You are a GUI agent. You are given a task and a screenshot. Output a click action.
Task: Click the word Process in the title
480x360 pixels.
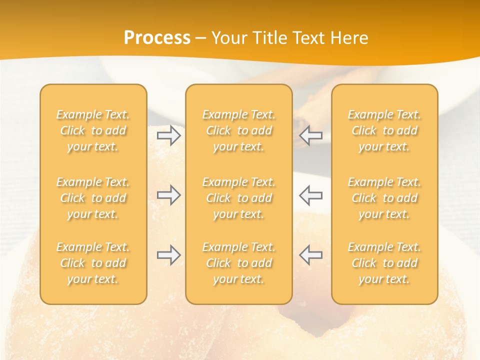point(157,38)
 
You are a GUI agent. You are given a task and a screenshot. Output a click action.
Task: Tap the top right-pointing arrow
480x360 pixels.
point(168,135)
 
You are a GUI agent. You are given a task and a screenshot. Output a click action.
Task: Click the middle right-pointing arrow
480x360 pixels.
point(168,195)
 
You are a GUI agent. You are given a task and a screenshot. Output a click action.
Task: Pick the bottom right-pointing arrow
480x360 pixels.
point(168,255)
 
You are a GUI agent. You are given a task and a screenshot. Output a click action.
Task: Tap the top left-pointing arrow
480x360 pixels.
point(310,135)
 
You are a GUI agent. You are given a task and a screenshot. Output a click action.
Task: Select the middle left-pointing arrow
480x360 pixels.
point(310,195)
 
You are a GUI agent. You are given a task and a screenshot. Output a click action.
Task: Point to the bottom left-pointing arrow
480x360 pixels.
point(310,255)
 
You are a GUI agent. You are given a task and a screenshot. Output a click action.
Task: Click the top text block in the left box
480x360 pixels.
point(93,130)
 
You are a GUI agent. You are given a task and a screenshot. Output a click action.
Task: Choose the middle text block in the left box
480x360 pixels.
point(93,198)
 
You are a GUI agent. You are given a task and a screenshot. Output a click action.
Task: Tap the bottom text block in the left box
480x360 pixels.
point(93,263)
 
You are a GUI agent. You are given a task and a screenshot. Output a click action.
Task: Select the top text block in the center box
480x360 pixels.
point(239,130)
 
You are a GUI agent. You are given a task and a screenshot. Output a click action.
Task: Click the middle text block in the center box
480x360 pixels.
point(239,198)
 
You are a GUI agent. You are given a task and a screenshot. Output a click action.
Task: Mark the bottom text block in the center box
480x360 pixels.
point(239,263)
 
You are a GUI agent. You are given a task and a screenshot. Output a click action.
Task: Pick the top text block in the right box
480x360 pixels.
point(384,130)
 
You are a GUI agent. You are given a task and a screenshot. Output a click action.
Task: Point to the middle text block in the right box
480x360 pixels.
point(384,198)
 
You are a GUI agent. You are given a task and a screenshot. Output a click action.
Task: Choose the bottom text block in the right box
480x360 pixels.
point(384,263)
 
